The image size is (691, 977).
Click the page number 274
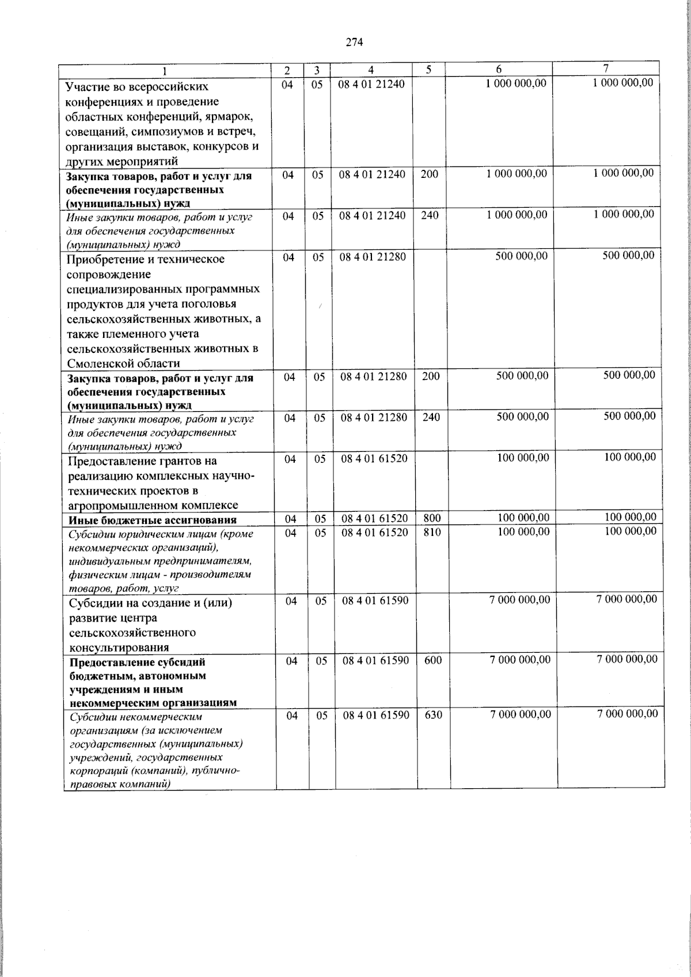click(354, 41)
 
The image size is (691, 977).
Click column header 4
click(371, 70)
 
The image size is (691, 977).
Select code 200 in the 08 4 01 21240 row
click(429, 173)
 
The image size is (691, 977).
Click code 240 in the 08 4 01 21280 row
click(431, 417)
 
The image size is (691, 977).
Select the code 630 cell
click(433, 715)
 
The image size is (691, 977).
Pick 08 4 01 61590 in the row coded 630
click(376, 715)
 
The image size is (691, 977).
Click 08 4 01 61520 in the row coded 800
click(375, 519)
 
